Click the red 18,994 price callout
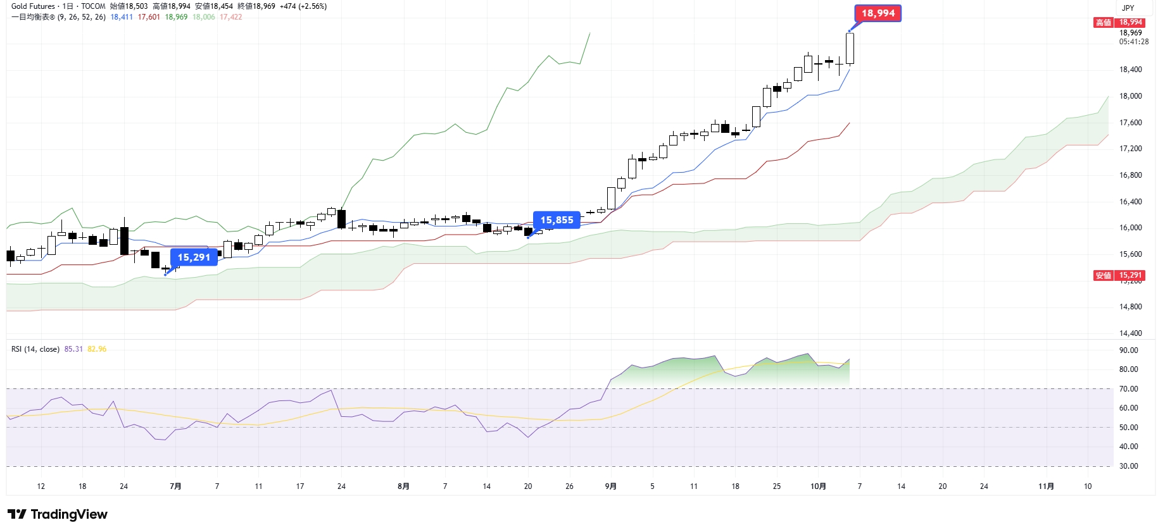tap(878, 13)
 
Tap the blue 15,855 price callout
tap(557, 220)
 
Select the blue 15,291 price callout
tap(194, 257)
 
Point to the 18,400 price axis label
tap(1130, 70)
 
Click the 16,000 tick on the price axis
tap(1130, 228)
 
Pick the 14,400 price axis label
tap(1130, 333)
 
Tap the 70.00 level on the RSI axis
tap(1128, 389)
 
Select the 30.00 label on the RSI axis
tap(1128, 466)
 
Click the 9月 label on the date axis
tap(610, 486)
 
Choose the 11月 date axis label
tap(1046, 486)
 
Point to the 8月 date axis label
tap(403, 486)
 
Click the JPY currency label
tap(1128, 8)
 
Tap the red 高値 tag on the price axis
tap(1104, 23)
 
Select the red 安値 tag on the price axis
tap(1104, 276)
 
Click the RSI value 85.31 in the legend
tap(73, 349)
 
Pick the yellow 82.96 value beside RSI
tap(97, 349)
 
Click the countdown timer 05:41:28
tap(1133, 42)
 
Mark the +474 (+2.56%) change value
tap(303, 6)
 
